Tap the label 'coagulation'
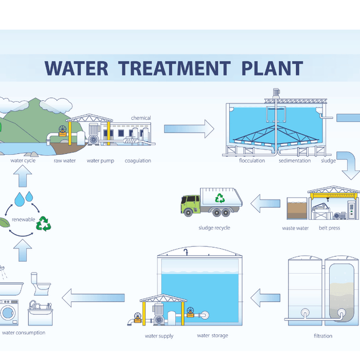pos(138,160)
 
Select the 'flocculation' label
pos(252,160)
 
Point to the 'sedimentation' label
pos(295,160)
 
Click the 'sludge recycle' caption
pos(214,227)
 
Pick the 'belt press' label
pos(329,228)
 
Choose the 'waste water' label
pos(295,228)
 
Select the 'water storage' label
pos(212,336)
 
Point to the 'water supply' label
pos(159,336)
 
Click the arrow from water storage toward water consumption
pos(93,297)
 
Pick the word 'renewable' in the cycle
pos(24,220)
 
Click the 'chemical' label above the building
pos(141,118)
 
